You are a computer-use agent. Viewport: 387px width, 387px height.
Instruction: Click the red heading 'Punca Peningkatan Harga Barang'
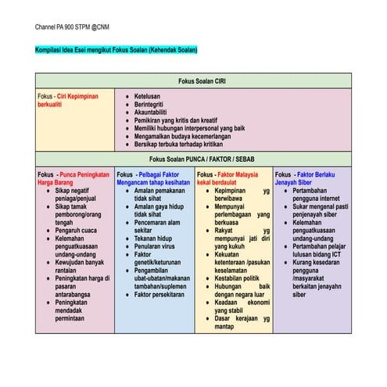pyautogui.click(x=72, y=179)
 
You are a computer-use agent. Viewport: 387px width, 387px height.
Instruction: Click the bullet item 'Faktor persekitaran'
pyautogui.click(x=163, y=295)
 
